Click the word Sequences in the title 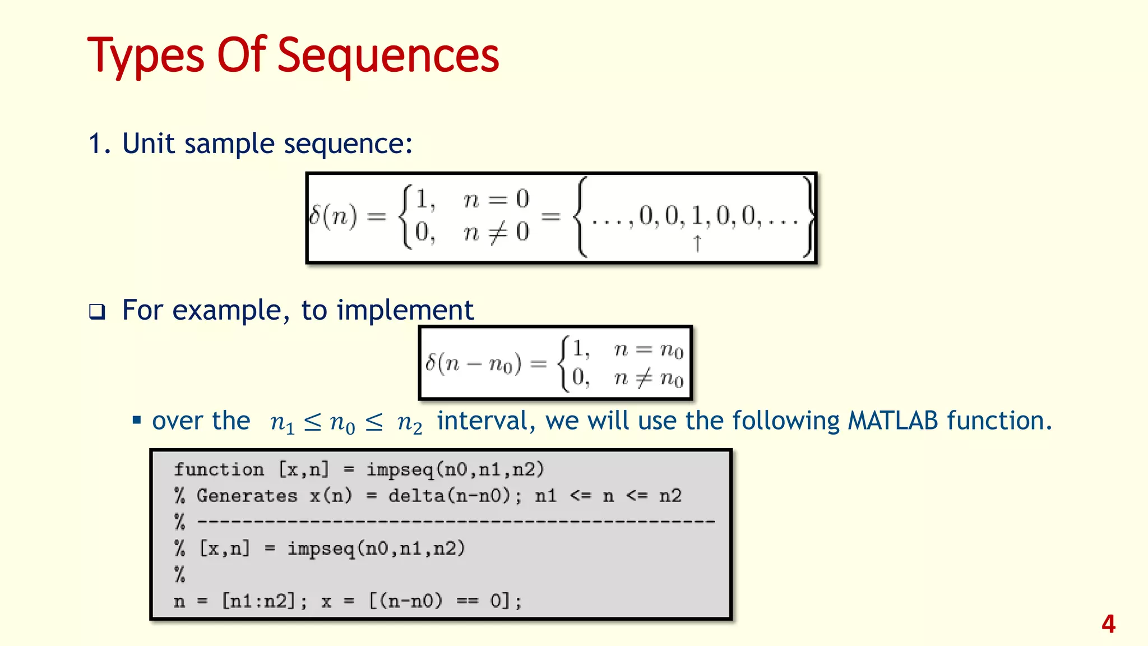pos(388,56)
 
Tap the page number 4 pos(1108,624)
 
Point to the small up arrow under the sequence pos(697,243)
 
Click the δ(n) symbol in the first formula pos(333,216)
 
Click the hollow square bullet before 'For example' pos(97,312)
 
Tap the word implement pos(405,310)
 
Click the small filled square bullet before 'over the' pos(136,420)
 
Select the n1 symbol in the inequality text pos(282,422)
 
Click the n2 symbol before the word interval pos(409,422)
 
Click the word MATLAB pos(892,421)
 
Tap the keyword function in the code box pos(219,469)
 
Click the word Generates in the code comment pos(247,496)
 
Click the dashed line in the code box pos(456,522)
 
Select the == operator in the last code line pos(466,602)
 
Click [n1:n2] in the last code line pos(263,602)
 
